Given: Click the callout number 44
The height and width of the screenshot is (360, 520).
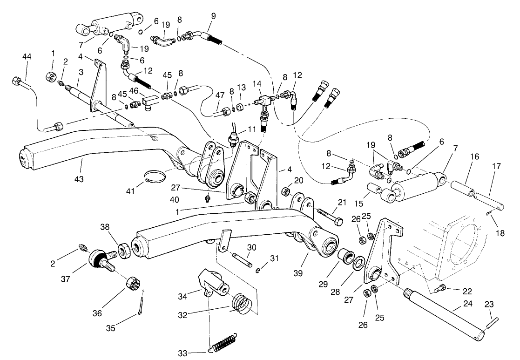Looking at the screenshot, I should click(27, 56).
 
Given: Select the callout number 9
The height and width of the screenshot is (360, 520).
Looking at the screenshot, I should click(213, 16).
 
